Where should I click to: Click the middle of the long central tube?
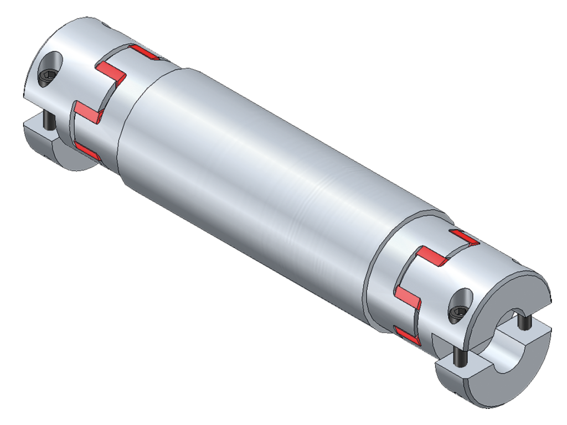pos(277,188)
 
